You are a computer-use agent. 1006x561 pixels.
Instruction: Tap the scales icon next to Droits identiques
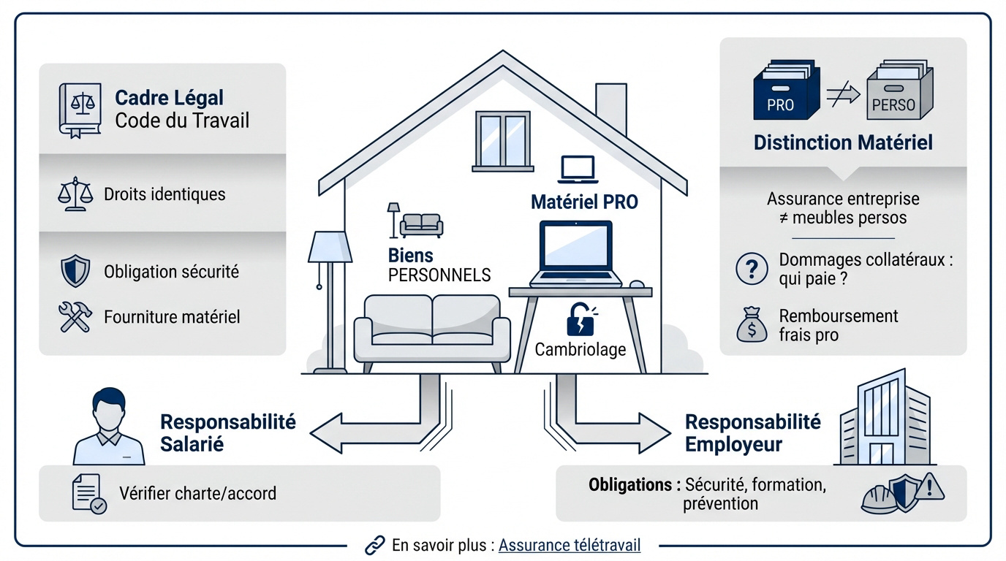tap(75, 194)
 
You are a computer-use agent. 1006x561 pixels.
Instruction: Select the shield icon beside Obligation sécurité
tap(75, 271)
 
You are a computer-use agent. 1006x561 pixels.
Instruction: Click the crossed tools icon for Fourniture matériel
tap(75, 316)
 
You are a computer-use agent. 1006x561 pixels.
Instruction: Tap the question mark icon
tap(751, 269)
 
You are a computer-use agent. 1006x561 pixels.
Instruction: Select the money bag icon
tap(752, 324)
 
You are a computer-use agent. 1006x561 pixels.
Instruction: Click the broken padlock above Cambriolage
tap(581, 319)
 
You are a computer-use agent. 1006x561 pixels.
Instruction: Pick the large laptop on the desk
tap(575, 253)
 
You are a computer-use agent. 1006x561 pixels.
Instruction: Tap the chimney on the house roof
tap(610, 110)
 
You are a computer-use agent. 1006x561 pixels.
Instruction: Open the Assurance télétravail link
tap(570, 545)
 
